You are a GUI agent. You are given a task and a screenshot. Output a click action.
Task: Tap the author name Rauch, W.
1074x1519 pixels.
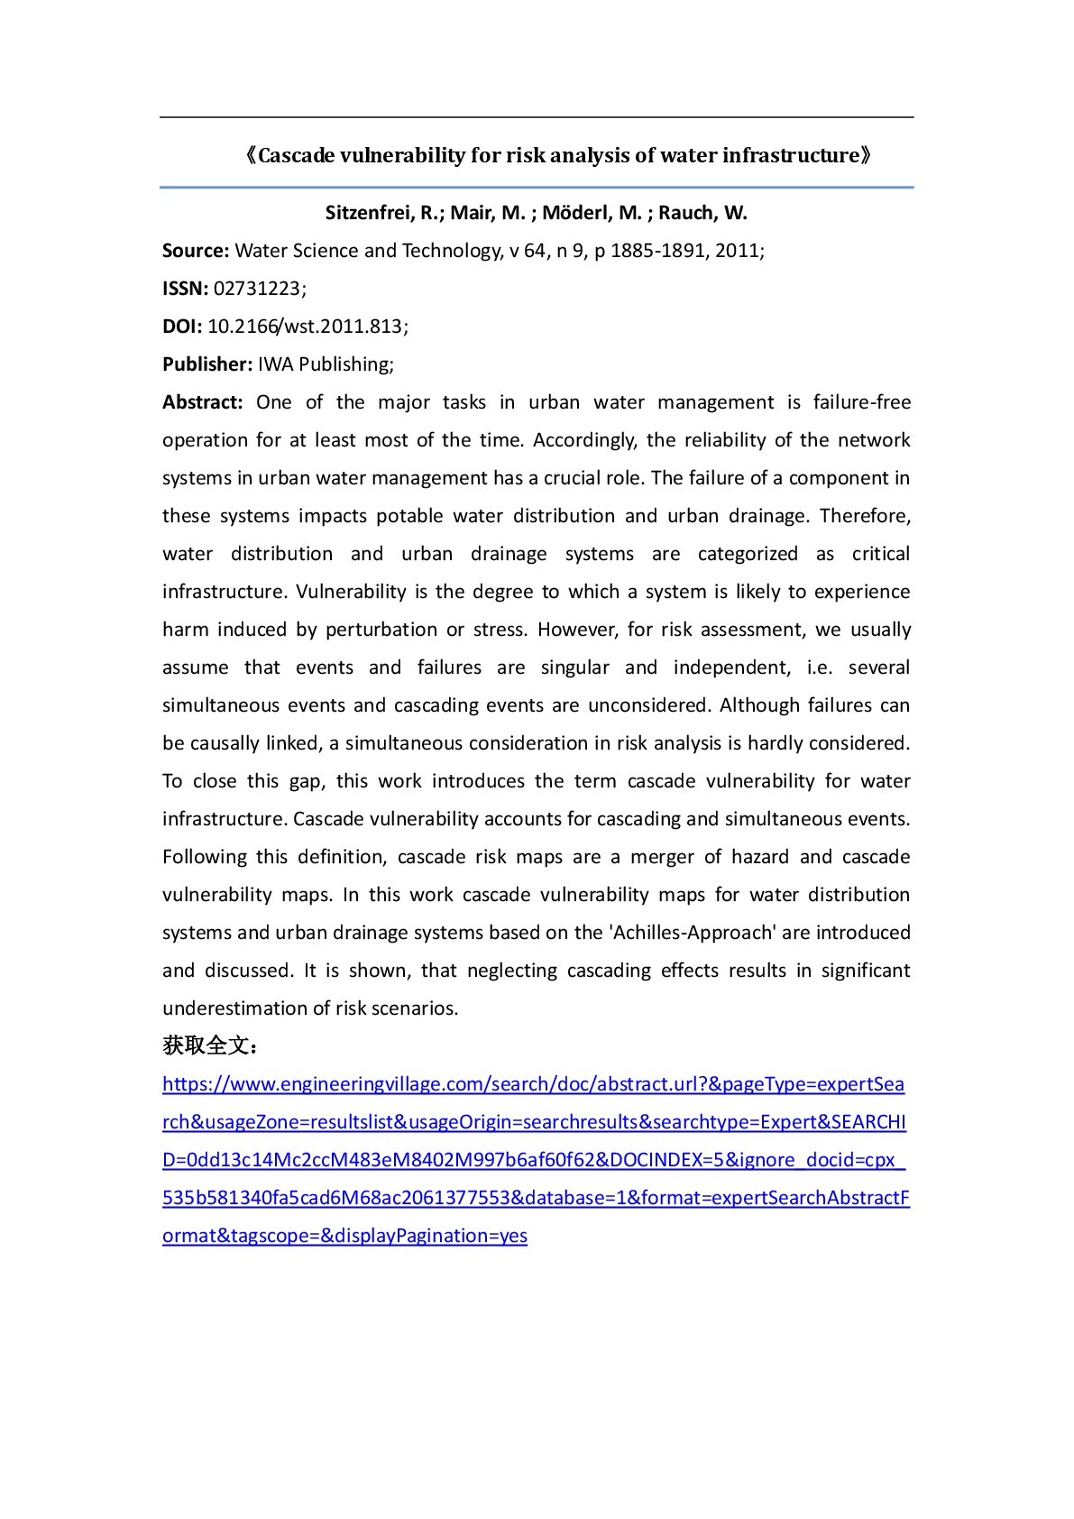point(702,214)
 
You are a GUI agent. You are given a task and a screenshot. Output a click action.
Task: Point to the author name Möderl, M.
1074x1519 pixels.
point(592,214)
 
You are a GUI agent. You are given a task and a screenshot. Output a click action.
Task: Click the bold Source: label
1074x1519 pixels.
point(196,251)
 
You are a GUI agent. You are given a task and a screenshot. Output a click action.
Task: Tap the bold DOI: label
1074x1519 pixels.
point(182,327)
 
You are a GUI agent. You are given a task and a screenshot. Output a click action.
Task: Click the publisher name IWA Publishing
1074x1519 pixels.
point(324,364)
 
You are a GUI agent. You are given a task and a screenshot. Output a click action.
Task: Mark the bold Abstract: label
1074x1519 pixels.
point(203,402)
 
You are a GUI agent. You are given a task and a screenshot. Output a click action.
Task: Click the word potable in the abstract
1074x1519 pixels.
point(408,516)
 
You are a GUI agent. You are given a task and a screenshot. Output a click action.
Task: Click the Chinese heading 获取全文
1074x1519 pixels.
point(207,1046)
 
